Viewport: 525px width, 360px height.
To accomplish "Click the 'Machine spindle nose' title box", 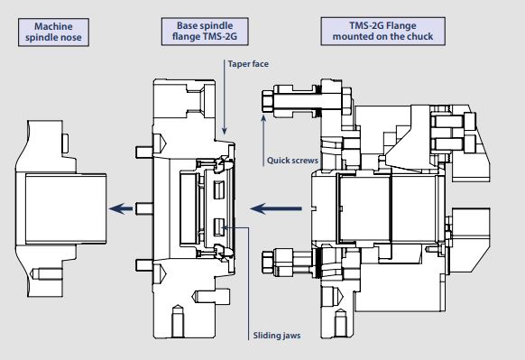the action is point(53,32).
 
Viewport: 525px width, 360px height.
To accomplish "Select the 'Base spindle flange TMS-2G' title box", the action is point(205,32).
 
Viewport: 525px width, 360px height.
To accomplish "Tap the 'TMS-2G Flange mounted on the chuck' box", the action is point(383,32).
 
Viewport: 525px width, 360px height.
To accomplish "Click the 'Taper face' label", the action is point(248,64).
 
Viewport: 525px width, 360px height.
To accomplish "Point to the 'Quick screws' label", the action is point(292,161).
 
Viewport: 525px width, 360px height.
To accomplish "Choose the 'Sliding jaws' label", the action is point(277,336).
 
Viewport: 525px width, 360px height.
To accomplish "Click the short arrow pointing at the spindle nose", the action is point(121,208).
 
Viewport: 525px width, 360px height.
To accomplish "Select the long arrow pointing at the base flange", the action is point(276,208).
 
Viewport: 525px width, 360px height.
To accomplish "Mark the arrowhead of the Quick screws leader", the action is point(263,118).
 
